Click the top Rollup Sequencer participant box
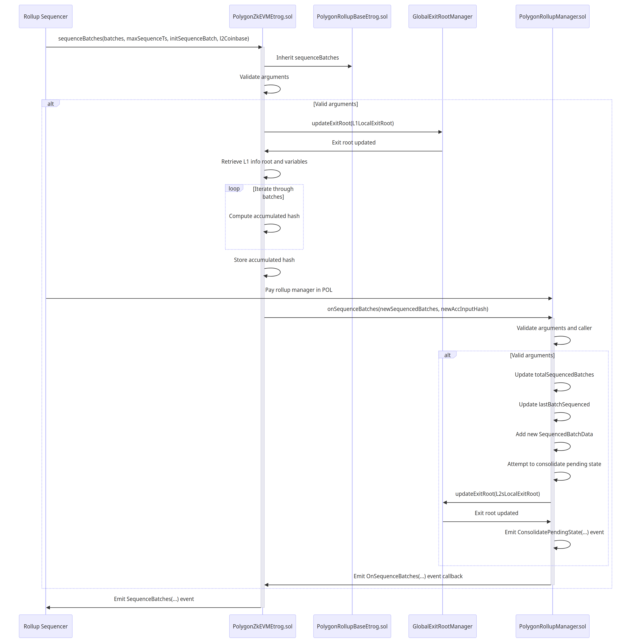pos(46,17)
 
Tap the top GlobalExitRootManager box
pos(442,17)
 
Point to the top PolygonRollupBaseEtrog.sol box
pos(352,17)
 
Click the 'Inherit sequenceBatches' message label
pos(308,58)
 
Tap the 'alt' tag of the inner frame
pos(447,355)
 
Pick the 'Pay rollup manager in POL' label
pos(299,290)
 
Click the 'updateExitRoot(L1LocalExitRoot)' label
pos(353,123)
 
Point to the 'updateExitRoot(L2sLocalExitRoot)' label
pos(497,494)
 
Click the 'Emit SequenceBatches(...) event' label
pos(154,599)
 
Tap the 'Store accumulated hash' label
pos(264,260)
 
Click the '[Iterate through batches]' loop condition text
pos(273,193)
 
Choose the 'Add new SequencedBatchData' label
pos(554,434)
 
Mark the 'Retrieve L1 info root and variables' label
pos(264,162)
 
